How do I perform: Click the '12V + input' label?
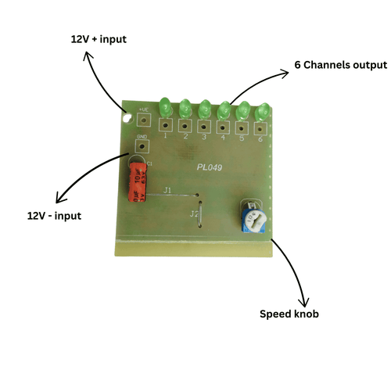click(x=98, y=38)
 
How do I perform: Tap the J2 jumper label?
click(x=193, y=212)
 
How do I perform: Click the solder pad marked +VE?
click(x=143, y=120)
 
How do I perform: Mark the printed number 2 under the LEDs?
click(x=185, y=136)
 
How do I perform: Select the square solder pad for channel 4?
click(x=224, y=125)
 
